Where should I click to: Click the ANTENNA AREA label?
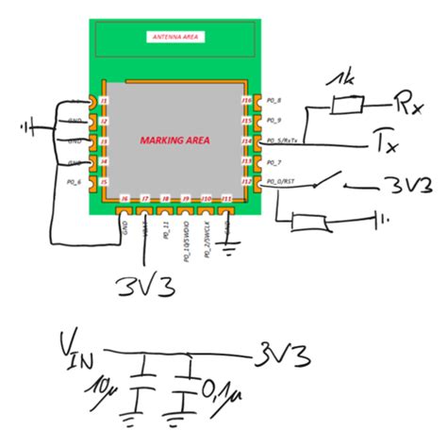175,37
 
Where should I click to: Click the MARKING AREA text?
174,141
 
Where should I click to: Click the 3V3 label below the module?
143,285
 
